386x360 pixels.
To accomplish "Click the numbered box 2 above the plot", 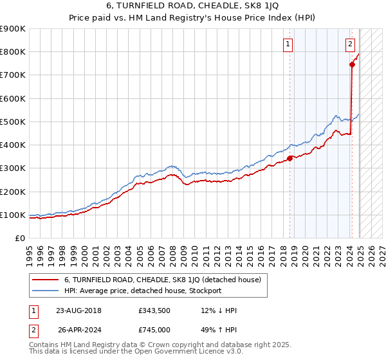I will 349,44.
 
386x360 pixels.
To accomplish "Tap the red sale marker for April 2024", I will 352,64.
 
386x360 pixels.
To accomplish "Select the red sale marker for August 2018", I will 290,158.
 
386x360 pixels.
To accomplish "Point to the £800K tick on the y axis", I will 13,52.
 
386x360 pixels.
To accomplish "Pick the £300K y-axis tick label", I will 13,168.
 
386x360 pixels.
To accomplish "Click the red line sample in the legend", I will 45,280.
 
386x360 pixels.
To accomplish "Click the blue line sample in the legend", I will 45,291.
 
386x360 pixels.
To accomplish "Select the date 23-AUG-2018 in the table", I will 79,310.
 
